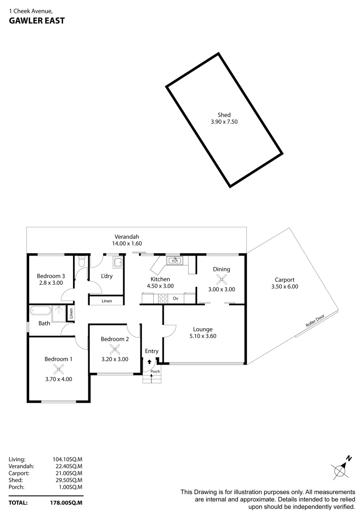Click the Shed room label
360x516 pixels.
coord(224,115)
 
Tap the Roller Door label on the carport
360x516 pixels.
coord(315,321)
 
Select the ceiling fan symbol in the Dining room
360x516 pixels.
coord(222,279)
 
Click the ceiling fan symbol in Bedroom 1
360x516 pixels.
coord(59,369)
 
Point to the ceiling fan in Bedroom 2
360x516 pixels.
coord(114,349)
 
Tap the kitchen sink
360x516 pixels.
coord(175,261)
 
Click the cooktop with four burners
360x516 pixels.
coord(163,299)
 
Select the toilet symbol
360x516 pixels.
coord(82,261)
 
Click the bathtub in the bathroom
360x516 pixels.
coord(41,311)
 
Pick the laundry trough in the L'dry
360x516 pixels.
coord(118,262)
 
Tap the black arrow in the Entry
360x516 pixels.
coord(149,362)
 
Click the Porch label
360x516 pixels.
coord(155,371)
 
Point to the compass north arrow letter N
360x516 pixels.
coord(349,458)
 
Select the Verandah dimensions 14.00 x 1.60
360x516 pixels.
coord(127,244)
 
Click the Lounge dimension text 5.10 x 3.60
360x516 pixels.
coord(203,336)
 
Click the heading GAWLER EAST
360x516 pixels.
coord(37,21)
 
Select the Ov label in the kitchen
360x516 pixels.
coord(176,299)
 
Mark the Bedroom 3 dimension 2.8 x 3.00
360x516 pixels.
coord(51,283)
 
